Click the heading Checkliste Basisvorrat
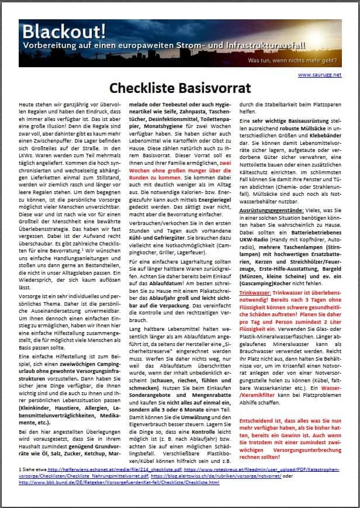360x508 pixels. click(x=180, y=88)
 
